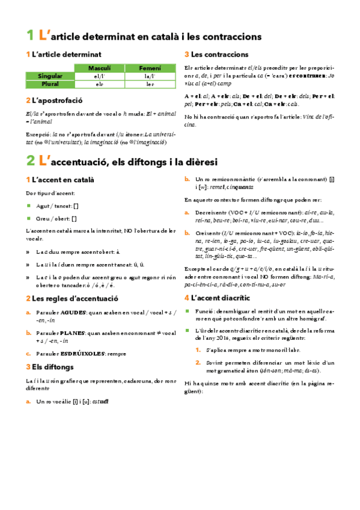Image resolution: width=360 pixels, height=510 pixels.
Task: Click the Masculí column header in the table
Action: [99, 68]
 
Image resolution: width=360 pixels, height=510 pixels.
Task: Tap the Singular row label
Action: [50, 76]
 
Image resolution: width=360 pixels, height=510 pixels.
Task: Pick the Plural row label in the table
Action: [50, 84]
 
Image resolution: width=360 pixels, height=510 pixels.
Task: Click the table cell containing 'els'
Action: [99, 84]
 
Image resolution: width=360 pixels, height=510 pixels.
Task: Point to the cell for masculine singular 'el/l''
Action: [99, 76]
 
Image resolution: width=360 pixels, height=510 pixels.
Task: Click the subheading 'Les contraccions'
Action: [219, 54]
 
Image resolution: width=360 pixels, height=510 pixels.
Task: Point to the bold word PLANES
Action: [72, 333]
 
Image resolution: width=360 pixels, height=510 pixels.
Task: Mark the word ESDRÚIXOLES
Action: [80, 353]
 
